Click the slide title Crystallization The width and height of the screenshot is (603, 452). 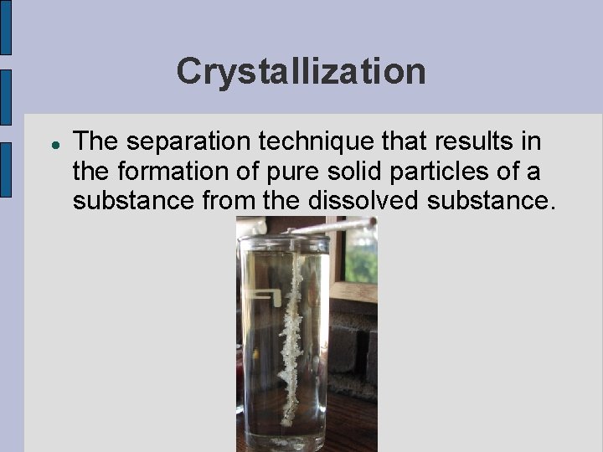coord(301,71)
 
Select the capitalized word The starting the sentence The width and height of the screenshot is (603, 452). coord(95,142)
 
